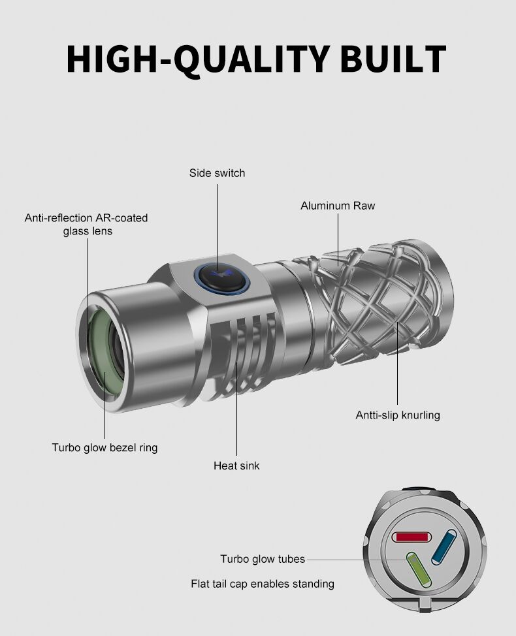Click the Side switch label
click(x=218, y=173)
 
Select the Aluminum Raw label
click(x=338, y=206)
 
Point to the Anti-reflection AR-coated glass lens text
click(x=86, y=224)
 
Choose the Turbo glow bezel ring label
click(x=105, y=448)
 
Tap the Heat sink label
click(x=236, y=466)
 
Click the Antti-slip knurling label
click(x=398, y=415)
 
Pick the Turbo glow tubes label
click(x=263, y=559)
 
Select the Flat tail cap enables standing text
click(x=263, y=584)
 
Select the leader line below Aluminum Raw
click(x=338, y=238)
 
